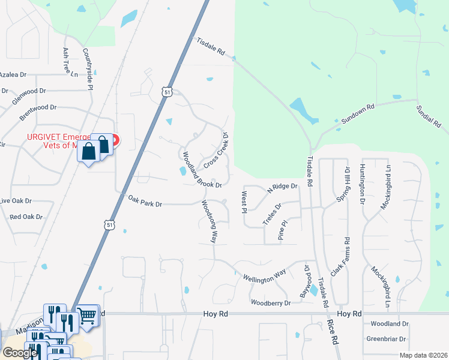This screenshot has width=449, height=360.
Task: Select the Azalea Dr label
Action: click(x=13, y=75)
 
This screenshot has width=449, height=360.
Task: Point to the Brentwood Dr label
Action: click(x=38, y=107)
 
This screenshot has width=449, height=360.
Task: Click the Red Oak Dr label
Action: click(x=26, y=217)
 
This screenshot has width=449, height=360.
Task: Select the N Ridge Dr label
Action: click(x=282, y=187)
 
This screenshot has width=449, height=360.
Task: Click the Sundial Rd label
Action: click(x=429, y=116)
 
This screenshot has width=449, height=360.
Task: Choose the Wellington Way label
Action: click(x=264, y=278)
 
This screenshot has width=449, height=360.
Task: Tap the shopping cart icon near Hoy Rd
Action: click(x=88, y=314)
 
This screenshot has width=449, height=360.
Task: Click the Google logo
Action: click(x=20, y=353)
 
